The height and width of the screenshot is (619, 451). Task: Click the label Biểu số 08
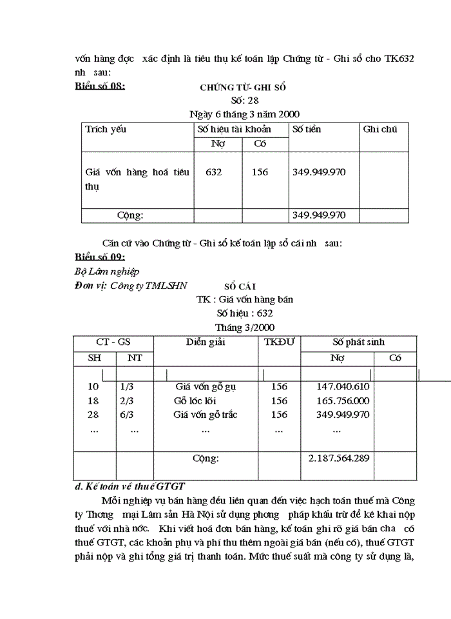[100, 86]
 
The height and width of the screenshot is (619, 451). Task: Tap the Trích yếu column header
[106, 129]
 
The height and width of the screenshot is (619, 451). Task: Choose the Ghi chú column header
[380, 129]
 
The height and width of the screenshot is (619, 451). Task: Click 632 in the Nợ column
[215, 172]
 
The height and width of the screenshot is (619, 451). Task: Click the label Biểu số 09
[100, 257]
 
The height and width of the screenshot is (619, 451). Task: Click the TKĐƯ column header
[279, 342]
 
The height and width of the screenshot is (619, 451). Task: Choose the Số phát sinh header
[358, 342]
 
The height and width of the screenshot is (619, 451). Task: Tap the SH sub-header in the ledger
[95, 358]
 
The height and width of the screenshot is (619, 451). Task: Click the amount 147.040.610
[343, 387]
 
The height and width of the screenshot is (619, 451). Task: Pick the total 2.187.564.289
[339, 458]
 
